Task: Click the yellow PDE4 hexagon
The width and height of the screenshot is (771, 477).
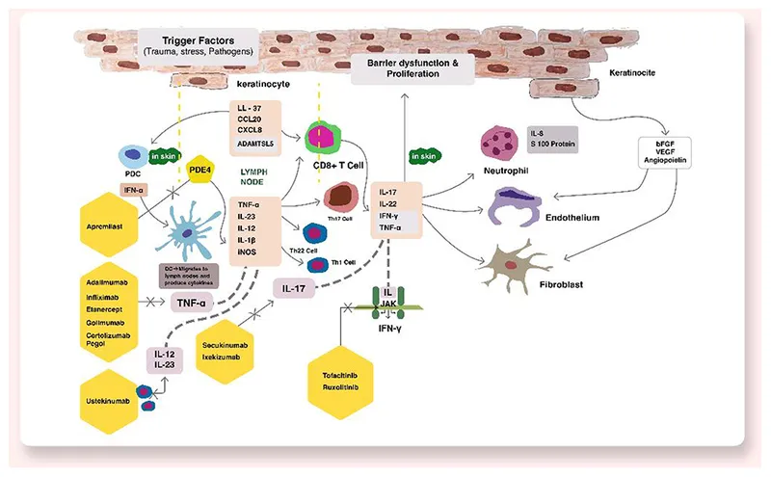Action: [x=200, y=171]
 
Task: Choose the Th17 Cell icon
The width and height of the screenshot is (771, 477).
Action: [x=339, y=197]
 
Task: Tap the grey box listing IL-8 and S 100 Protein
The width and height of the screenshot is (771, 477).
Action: [x=552, y=138]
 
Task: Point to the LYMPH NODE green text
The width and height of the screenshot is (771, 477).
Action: [x=254, y=175]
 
